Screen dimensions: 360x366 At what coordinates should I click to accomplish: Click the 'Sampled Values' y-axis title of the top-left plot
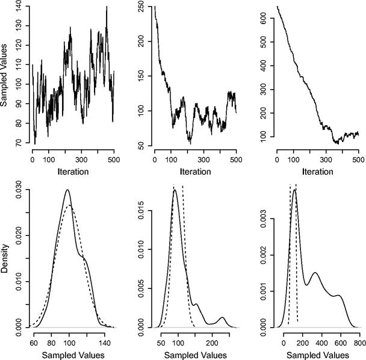pos(5,75)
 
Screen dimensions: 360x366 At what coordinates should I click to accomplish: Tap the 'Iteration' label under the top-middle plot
pos(196,172)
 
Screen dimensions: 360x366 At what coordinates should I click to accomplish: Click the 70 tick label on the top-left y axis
pos(21,143)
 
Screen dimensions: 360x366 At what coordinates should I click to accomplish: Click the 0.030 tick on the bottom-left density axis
pos(21,191)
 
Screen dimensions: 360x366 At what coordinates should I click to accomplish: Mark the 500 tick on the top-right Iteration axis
pos(358,160)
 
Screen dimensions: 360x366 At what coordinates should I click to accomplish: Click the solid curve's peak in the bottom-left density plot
pos(67,190)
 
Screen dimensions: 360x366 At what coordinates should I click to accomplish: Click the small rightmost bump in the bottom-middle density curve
pos(222,317)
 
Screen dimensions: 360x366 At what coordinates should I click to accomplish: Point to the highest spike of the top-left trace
pos(107,7)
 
